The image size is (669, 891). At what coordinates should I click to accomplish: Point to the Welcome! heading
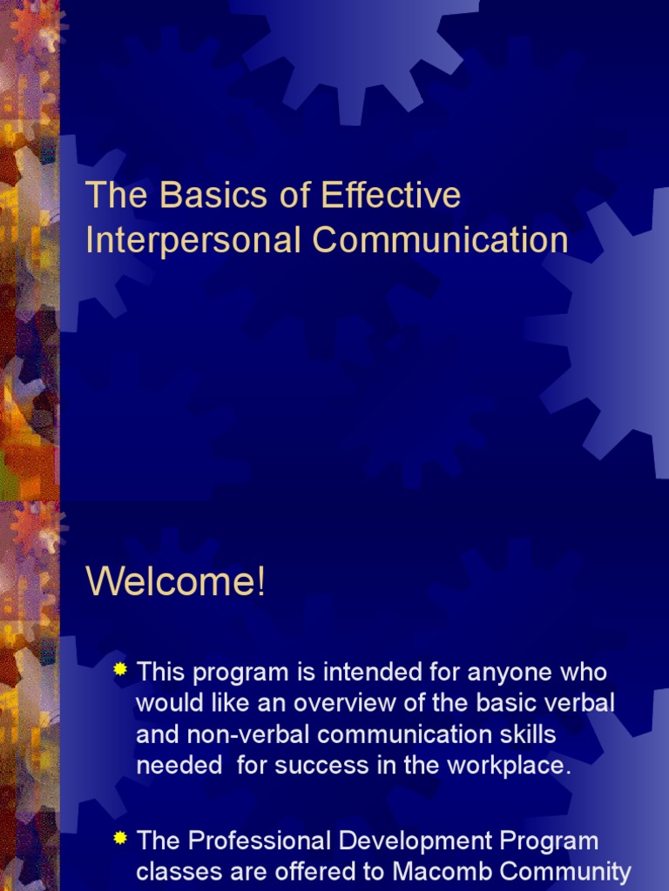tap(175, 582)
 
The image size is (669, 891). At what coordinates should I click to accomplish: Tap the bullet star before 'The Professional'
tap(121, 839)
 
